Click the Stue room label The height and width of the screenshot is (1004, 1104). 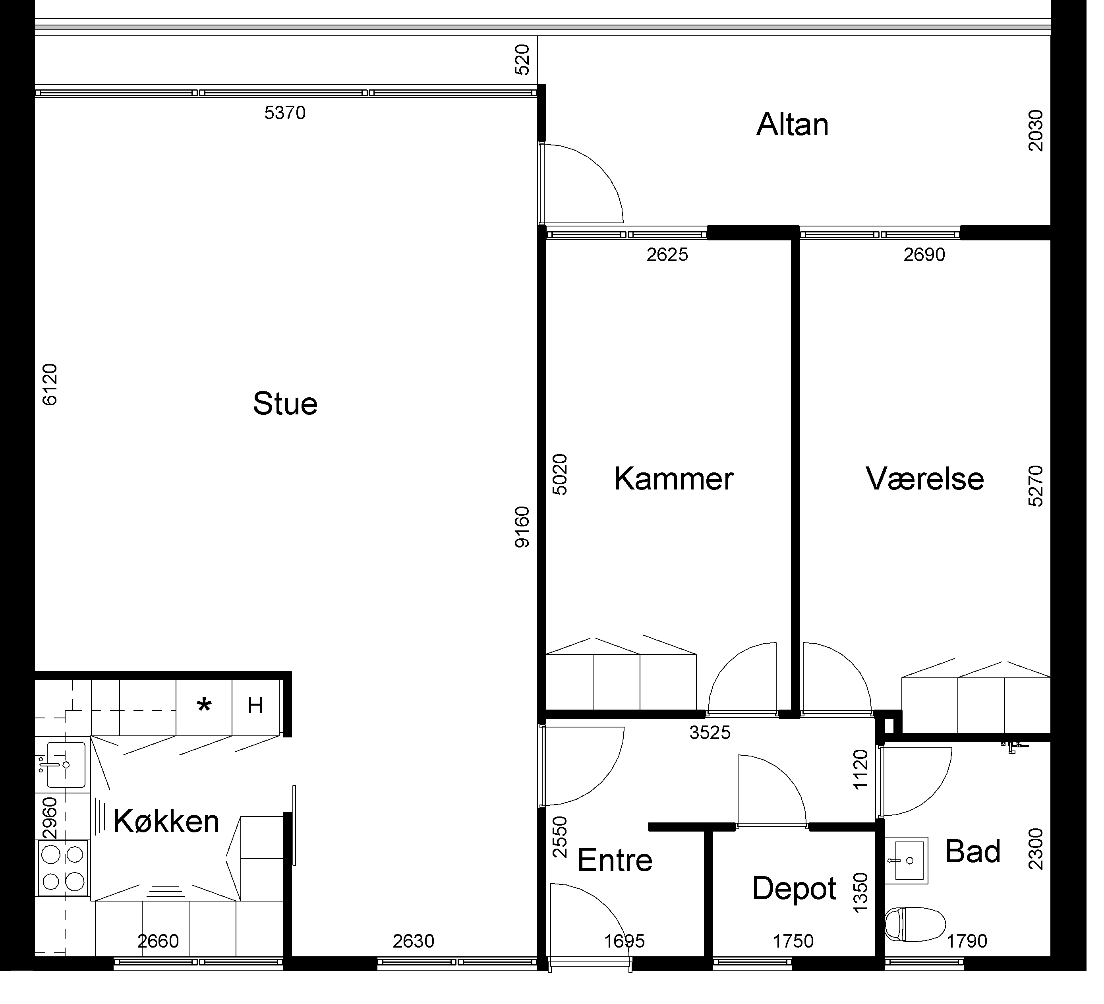click(x=285, y=404)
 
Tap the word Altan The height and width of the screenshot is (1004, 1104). click(x=793, y=124)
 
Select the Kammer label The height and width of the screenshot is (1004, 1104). click(x=674, y=479)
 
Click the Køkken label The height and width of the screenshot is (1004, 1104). click(x=166, y=821)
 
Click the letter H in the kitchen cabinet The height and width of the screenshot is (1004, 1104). click(x=255, y=706)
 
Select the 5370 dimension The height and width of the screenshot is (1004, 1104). click(x=285, y=113)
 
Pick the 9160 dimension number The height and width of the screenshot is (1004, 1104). click(x=522, y=527)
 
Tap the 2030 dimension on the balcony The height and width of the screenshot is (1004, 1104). click(x=1036, y=130)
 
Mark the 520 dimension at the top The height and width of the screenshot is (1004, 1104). click(x=522, y=59)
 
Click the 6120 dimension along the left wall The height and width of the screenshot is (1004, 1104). click(x=49, y=385)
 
